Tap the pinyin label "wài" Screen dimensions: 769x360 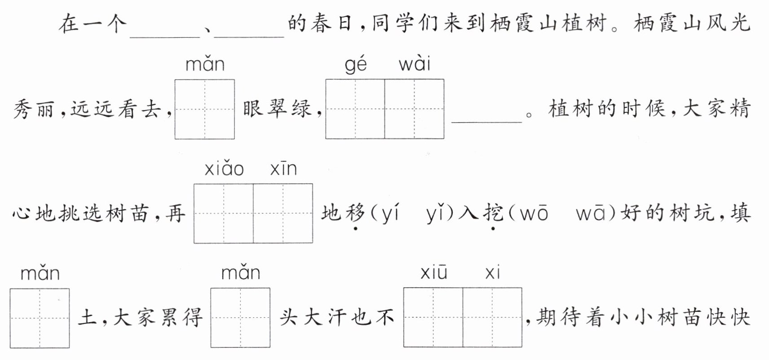pos(414,64)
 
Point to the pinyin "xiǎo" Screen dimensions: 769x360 pos(224,169)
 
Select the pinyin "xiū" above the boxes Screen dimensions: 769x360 pos(433,273)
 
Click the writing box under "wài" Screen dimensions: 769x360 pos(414,109)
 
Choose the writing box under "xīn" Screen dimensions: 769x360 pos(283,213)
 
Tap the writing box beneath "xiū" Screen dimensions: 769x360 pos(433,317)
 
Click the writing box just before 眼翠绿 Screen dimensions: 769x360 pos(204,109)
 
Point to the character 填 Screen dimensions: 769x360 pos(739,213)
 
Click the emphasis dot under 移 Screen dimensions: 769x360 pos(355,229)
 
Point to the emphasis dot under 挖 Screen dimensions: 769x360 pos(493,229)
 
